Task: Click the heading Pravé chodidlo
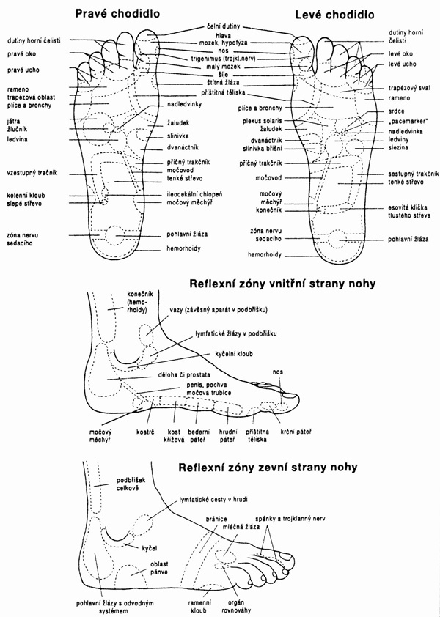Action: pyautogui.click(x=118, y=13)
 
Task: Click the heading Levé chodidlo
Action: pyautogui.click(x=334, y=15)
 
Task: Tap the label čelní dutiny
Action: pyautogui.click(x=224, y=27)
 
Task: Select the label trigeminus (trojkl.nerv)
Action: pyautogui.click(x=224, y=59)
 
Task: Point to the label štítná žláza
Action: pyautogui.click(x=223, y=83)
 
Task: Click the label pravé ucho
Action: pyautogui.click(x=23, y=70)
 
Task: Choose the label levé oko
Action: pyautogui.click(x=400, y=54)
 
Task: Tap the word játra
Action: pyautogui.click(x=13, y=121)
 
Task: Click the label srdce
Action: pyautogui.click(x=396, y=111)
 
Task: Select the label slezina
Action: pyautogui.click(x=398, y=147)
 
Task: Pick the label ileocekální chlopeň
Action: pyautogui.click(x=194, y=194)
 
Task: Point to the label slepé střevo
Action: pyautogui.click(x=24, y=204)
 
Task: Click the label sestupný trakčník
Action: pyautogui.click(x=413, y=174)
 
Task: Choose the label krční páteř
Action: pyautogui.click(x=296, y=432)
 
